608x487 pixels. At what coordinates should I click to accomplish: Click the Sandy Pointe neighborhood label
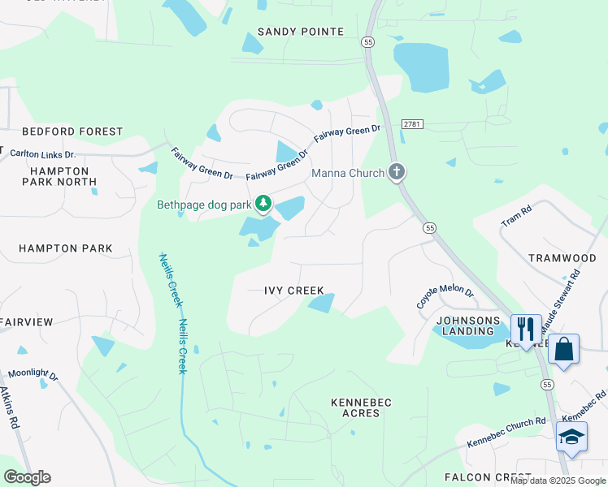301,32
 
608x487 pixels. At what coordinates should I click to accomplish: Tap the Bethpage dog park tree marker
263,203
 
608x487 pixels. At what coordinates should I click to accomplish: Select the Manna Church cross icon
397,172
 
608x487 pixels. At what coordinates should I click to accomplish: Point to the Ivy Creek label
294,290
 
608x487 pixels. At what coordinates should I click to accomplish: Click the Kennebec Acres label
362,407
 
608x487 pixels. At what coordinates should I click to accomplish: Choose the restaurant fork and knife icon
525,329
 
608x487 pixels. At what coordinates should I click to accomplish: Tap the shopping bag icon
563,347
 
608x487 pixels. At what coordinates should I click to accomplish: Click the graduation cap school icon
571,437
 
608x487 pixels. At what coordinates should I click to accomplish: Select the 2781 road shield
413,123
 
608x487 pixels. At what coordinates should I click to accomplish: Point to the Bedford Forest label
72,131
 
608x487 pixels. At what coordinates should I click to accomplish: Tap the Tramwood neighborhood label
562,257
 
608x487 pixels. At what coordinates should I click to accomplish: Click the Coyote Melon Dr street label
445,295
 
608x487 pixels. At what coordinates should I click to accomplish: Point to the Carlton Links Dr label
41,153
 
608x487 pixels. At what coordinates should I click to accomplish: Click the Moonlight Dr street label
33,377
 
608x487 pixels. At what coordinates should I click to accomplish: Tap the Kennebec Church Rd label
506,433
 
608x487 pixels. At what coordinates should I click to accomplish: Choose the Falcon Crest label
483,476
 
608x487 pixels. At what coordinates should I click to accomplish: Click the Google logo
27,477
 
